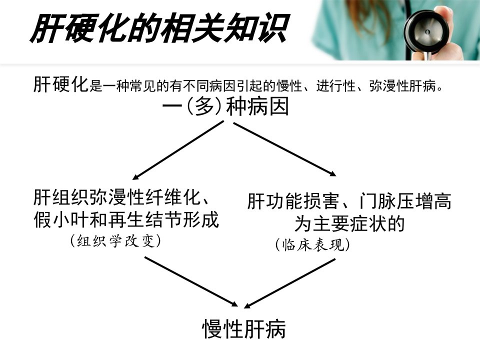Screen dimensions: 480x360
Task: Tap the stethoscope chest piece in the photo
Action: click(426, 32)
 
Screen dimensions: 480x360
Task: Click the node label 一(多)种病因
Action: click(225, 106)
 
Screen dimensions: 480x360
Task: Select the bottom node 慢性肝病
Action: click(244, 329)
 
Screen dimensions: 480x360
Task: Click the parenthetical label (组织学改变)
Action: click(115, 240)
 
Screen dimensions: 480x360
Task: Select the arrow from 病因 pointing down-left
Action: click(178, 150)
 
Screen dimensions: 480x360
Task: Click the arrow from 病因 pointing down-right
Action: click(284, 149)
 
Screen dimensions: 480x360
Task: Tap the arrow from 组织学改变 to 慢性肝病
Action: click(191, 281)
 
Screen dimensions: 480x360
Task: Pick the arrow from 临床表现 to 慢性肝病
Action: click(289, 283)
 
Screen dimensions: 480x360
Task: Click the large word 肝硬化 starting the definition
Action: click(61, 84)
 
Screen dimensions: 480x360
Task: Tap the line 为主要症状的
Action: click(349, 223)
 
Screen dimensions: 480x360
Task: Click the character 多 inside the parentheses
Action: click(204, 106)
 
